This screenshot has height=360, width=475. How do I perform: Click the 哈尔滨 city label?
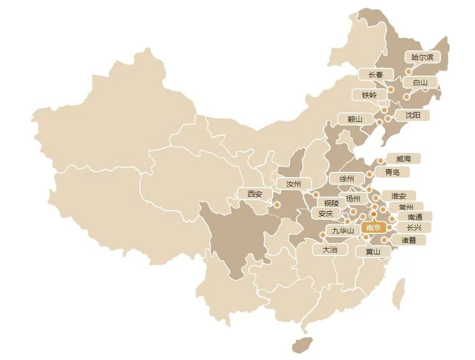tap(422, 57)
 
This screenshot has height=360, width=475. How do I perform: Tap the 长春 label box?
tap(376, 75)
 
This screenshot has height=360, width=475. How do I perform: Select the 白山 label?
tap(420, 82)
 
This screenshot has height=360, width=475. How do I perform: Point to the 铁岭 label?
tap(369, 95)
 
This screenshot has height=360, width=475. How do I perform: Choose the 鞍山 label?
tap(355, 119)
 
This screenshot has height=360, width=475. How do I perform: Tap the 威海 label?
tap(404, 158)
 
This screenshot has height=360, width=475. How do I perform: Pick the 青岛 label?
tap(393, 172)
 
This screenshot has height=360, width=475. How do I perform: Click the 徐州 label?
tap(347, 179)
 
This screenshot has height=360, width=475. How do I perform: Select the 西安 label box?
tap(255, 193)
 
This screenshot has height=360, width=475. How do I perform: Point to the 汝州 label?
tap(293, 184)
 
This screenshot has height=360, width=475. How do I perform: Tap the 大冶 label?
tap(330, 250)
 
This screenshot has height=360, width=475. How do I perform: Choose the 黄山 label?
tap(373, 251)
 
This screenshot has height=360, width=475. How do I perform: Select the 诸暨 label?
tap(409, 240)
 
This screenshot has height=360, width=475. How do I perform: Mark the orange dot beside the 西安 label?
tap(277, 205)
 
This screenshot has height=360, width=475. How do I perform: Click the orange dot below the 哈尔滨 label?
tap(409, 71)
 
